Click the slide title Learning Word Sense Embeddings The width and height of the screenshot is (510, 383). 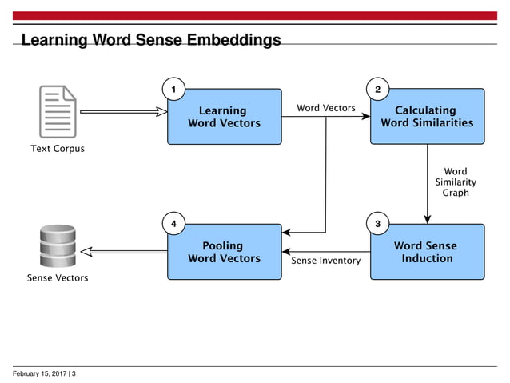coord(150,40)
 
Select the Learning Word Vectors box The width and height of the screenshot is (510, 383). coord(224,117)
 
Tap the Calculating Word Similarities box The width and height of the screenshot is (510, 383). coord(427,117)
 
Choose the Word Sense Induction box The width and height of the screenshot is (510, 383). coord(427,252)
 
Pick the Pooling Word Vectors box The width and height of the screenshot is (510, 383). coord(224,252)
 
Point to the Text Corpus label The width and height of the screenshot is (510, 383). coord(58,149)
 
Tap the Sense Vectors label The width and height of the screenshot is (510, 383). coord(58,278)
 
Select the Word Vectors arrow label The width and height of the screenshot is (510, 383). coord(326,108)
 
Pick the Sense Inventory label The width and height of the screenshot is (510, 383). coord(326,261)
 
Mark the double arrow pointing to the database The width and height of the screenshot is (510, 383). coord(124,251)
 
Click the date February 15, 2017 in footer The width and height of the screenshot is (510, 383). coord(40,373)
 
